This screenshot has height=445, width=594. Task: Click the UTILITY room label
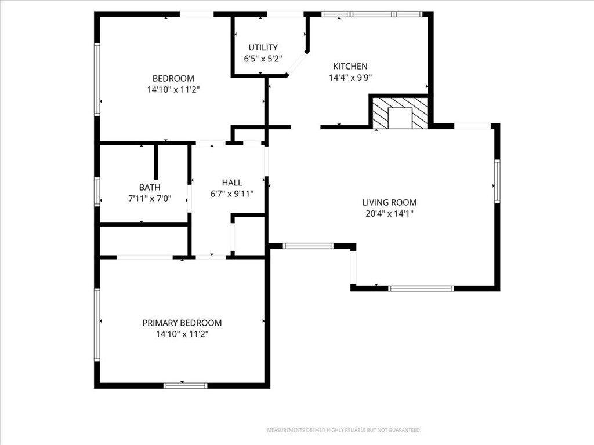[x=263, y=48]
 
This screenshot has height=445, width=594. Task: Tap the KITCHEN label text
[x=350, y=66]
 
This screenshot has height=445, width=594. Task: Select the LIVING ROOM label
[x=389, y=202]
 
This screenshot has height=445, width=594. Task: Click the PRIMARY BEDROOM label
[x=182, y=323]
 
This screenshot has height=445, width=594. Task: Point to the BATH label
[x=150, y=187]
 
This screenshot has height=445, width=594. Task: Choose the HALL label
[x=232, y=183]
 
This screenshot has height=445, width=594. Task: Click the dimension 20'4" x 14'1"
[x=389, y=213]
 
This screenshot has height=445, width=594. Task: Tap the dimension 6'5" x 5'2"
[x=263, y=59]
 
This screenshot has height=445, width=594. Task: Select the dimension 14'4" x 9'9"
[x=350, y=78]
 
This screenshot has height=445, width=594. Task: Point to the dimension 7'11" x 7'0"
[x=150, y=198]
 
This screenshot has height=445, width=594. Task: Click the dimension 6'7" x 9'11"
[x=232, y=194]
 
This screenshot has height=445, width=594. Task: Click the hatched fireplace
[x=400, y=112]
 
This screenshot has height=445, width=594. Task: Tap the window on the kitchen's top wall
[x=372, y=14]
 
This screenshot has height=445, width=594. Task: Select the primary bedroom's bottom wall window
[x=186, y=385]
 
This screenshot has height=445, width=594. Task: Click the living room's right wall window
[x=497, y=181]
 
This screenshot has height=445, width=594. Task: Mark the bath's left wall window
[x=97, y=192]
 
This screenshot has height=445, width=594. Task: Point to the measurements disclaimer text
[x=344, y=430]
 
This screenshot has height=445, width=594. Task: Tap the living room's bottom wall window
[x=421, y=289]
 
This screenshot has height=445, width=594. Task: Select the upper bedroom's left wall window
[x=97, y=79]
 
